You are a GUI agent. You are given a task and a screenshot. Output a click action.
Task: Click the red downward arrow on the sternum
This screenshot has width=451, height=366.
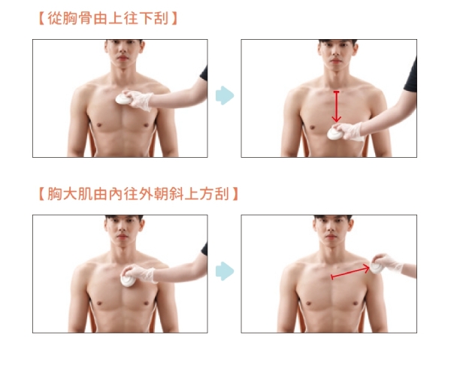pyautogui.click(x=336, y=107)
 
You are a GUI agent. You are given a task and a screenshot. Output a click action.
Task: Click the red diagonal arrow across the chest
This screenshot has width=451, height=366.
pyautogui.click(x=350, y=272)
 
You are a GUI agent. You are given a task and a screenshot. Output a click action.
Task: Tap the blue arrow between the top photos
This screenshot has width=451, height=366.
pyautogui.click(x=225, y=95)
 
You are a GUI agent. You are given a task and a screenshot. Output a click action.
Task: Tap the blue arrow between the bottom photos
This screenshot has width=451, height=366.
pyautogui.click(x=225, y=271)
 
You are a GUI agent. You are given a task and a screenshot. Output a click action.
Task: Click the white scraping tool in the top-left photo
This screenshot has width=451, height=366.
pyautogui.click(x=124, y=99)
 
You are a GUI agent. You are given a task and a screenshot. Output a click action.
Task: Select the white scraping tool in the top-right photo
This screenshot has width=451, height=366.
pyautogui.click(x=335, y=134)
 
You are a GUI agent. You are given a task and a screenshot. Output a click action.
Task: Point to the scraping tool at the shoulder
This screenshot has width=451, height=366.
pyautogui.click(x=377, y=268)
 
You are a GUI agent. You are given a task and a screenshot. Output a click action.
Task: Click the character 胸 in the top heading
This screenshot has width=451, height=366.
pyautogui.click(x=69, y=18)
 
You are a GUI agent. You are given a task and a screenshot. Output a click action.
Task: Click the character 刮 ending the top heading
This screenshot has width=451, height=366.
pyautogui.click(x=161, y=18)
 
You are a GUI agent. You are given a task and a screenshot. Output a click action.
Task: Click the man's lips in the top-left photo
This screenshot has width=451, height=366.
pyautogui.click(x=123, y=58)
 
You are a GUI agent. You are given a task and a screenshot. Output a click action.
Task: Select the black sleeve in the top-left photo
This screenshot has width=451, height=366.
pyautogui.click(x=204, y=74)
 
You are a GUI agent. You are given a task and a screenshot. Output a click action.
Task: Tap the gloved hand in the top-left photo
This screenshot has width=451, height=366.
pyautogui.click(x=139, y=99)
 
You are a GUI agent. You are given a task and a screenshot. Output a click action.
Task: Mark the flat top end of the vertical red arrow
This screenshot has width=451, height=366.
pyautogui.click(x=336, y=92)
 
